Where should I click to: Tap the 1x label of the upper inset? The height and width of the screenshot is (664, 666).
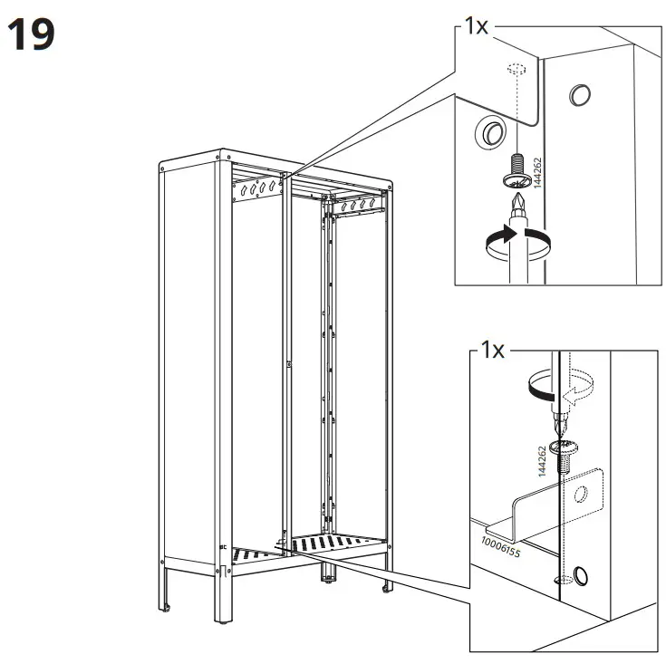point(476,26)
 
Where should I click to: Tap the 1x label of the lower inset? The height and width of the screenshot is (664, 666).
point(492,351)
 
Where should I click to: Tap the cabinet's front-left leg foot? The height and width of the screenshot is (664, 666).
point(222,622)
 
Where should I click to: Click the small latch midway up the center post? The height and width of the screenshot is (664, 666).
point(288,365)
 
